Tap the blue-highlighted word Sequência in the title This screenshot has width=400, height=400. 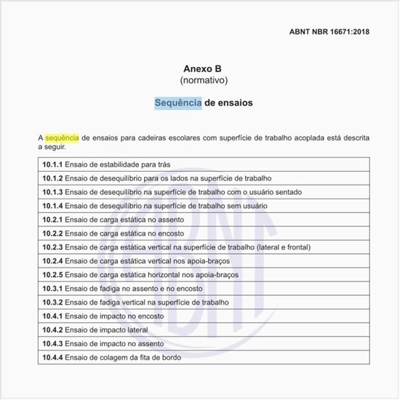tap(178, 103)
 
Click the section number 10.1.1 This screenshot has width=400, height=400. tap(52, 164)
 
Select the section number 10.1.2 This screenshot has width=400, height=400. tap(52, 178)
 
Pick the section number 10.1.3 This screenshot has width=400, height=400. tap(52, 192)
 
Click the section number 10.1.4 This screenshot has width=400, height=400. tap(52, 206)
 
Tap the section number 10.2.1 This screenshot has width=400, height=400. tap(52, 220)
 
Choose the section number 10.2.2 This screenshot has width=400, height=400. tap(52, 233)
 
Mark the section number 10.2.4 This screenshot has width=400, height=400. tap(52, 261)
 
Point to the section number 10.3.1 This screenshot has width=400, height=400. tap(52, 289)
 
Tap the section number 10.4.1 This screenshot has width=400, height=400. tap(52, 316)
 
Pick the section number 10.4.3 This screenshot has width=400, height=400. tap(52, 344)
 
